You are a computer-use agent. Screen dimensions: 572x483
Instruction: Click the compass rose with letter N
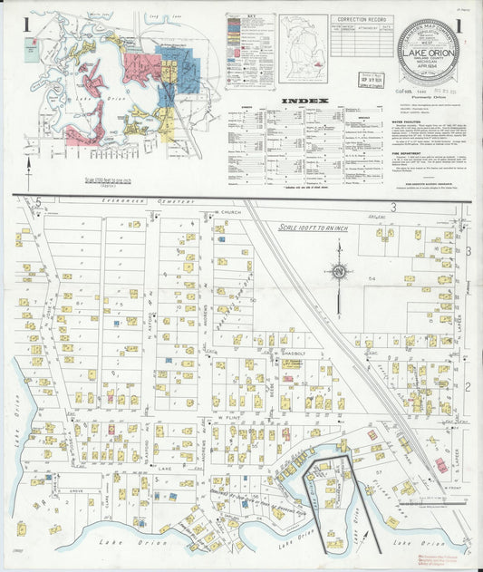point(338,270)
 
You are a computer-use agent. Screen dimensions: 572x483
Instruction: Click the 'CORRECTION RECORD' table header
point(360,19)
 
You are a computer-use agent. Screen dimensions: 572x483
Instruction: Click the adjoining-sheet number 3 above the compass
point(394,208)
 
